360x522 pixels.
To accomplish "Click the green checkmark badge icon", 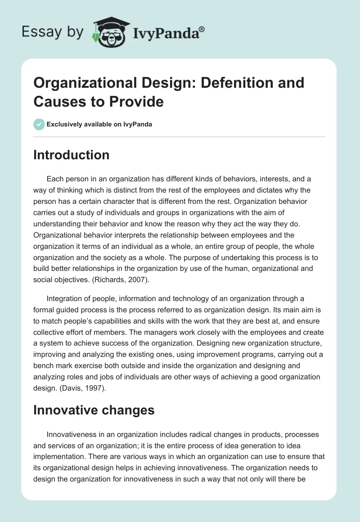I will click(x=39, y=124).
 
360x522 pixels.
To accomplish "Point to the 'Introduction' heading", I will click(x=72, y=155).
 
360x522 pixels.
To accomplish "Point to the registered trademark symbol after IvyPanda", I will click(x=202, y=28).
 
